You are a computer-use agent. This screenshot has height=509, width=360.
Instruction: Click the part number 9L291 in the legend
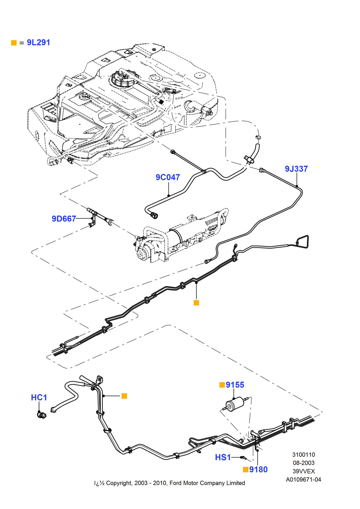tap(38, 43)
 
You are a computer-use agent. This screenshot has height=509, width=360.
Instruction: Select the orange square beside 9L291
tap(14, 43)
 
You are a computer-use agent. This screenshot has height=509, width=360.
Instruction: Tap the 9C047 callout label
tap(168, 177)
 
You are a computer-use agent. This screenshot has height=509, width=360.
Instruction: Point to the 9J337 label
tap(296, 169)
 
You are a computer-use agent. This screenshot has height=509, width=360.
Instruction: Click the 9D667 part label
tap(64, 219)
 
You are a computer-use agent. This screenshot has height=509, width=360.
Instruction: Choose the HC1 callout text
tap(39, 398)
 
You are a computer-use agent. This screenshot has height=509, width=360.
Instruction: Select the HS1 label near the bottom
tap(223, 458)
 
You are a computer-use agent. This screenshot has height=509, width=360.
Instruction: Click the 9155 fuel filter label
tap(235, 385)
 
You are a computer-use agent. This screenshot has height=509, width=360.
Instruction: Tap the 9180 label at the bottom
tap(258, 470)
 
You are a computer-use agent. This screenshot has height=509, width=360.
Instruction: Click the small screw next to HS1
tap(243, 458)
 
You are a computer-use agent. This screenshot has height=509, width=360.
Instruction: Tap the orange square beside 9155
tap(222, 385)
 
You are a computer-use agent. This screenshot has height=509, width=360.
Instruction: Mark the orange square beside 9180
tap(245, 470)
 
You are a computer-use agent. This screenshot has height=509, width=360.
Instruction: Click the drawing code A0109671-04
tap(303, 480)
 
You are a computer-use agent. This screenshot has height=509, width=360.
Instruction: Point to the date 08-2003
tap(303, 463)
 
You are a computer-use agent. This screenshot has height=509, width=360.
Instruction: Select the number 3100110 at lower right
tap(303, 455)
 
